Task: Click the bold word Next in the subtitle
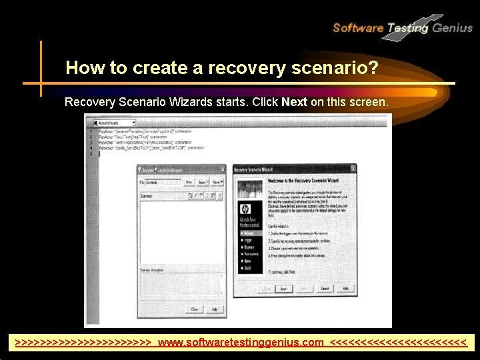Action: (294, 103)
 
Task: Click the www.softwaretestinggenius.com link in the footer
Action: (241, 343)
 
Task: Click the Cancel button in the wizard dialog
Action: (325, 289)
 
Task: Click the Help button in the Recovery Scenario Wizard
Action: (345, 289)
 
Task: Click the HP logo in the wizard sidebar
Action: (245, 209)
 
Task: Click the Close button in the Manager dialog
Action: (195, 309)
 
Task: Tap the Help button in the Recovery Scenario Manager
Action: (214, 309)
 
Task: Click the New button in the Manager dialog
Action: (189, 182)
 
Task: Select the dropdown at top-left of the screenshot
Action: (115, 123)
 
